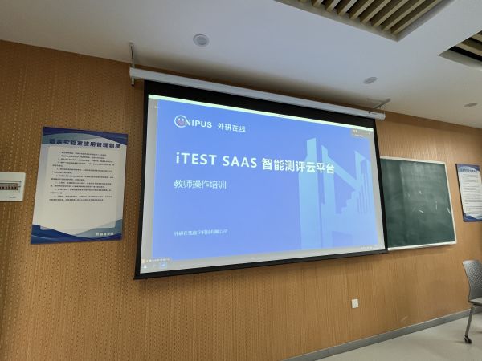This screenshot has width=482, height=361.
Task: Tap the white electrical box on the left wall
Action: tap(11, 186)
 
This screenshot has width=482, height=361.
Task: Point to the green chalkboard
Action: tap(418, 201)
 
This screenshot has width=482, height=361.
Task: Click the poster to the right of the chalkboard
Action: tap(468, 193)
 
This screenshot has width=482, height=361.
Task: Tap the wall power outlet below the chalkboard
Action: tap(355, 303)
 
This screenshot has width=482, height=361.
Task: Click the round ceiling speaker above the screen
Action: tap(201, 40)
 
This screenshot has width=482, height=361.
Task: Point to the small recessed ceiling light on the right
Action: tap(370, 80)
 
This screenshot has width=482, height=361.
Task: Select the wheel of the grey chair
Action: tap(468, 339)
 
